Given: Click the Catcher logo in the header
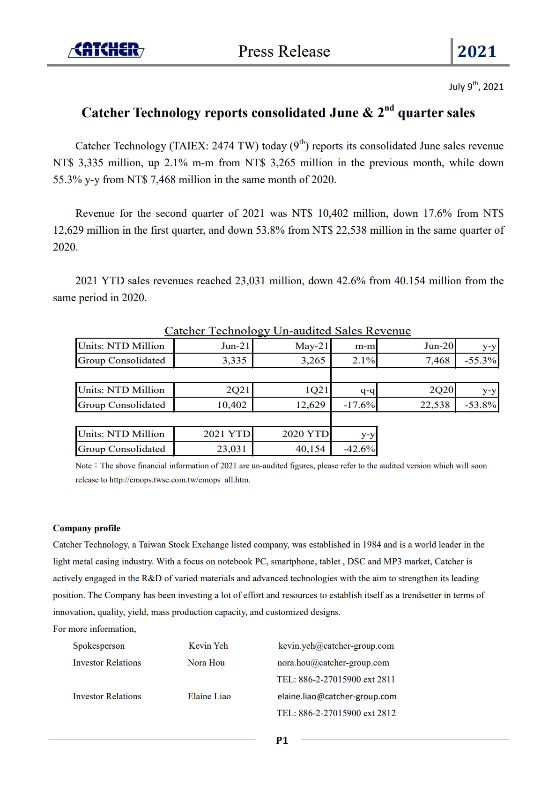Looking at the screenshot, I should [106, 50].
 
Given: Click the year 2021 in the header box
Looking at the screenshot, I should [476, 52].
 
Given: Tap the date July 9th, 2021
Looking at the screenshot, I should [476, 87].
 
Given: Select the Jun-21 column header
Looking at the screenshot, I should [236, 346].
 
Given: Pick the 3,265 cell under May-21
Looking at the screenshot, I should [313, 361].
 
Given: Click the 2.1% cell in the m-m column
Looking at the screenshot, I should [363, 361].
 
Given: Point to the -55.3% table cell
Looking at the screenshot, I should [480, 361].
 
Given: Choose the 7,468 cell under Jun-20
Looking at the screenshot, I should [437, 361].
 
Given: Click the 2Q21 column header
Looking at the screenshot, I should [237, 390].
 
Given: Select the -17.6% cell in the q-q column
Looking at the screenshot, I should [359, 405].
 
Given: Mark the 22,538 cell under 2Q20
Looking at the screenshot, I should [435, 405].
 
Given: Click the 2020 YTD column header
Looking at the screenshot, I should [305, 434].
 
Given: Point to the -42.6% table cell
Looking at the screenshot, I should [359, 449].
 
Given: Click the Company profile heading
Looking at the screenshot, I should [87, 528].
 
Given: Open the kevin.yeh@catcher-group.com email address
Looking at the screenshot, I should [336, 646].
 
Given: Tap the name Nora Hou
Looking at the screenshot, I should [206, 663].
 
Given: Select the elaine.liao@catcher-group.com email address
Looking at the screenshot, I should [337, 696].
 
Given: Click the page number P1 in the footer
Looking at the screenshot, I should [282, 741].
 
